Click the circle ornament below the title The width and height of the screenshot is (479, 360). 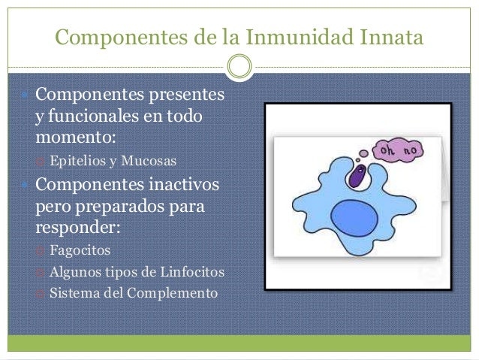pos(239,67)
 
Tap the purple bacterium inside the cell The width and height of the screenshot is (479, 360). pos(357,178)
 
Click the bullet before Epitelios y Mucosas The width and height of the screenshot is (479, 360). pos(41,160)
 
